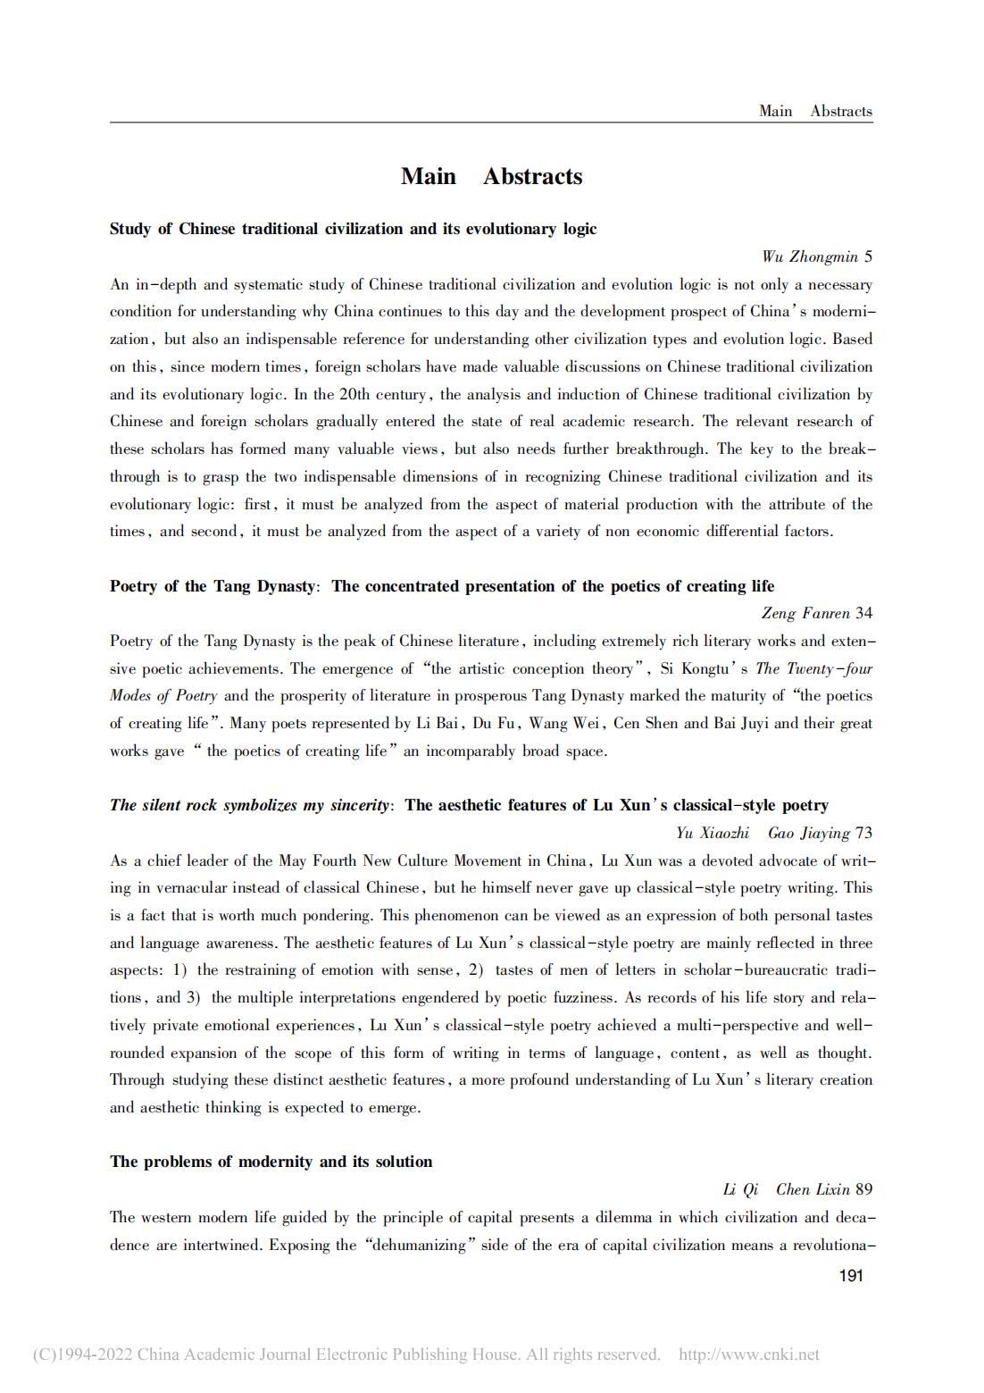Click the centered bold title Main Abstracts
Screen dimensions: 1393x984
[x=491, y=177]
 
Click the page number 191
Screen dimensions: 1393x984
[x=851, y=1276]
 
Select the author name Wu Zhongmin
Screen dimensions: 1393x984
[x=809, y=257]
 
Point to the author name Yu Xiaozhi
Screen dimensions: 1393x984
[x=712, y=833]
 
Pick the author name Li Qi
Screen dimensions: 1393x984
[x=740, y=1189]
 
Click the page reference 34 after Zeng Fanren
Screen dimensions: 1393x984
[x=863, y=613]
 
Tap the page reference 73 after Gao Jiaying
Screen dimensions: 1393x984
[x=863, y=833]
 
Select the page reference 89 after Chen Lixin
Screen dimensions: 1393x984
[x=863, y=1189]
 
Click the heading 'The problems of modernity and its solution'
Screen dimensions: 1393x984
[x=271, y=1162]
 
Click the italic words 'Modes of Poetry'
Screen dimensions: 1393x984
[x=163, y=696]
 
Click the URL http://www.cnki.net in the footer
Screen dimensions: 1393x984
[x=748, y=1355]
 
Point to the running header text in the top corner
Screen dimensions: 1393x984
[x=814, y=112]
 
